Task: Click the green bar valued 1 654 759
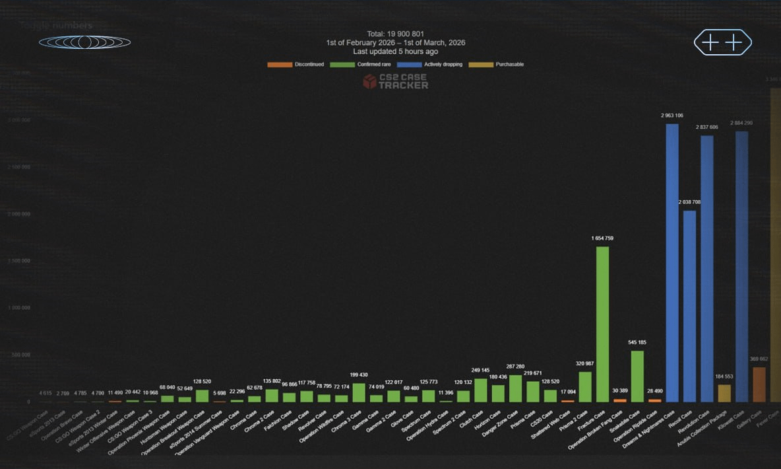coord(602,324)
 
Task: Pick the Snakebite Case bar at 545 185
coord(637,376)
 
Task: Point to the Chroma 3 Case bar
coord(359,392)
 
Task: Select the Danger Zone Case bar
coord(515,388)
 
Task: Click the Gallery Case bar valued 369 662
coord(759,384)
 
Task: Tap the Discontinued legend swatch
coord(280,64)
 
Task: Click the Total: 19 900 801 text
coord(396,33)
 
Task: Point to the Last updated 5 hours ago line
coord(396,51)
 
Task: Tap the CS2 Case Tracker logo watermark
coord(395,81)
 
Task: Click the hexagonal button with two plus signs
coord(722,42)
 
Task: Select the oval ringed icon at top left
coord(84,42)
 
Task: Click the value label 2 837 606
coord(707,127)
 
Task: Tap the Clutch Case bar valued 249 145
coord(481,390)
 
